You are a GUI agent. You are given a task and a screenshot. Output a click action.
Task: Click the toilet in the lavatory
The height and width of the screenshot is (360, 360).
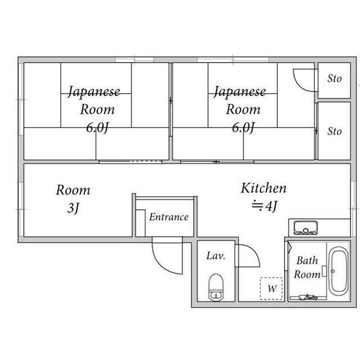pos(216,287)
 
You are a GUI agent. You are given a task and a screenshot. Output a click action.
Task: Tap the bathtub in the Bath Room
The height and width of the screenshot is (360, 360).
pos(338,271)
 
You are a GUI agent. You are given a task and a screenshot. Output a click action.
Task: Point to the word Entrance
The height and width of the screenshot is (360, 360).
pos(168,217)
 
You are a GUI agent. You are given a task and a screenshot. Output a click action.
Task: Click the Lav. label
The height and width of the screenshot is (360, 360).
pos(215,256)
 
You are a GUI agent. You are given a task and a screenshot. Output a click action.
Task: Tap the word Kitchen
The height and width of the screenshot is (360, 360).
pos(264,188)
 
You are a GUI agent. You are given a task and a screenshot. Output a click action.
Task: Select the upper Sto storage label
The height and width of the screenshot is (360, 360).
pos(334,79)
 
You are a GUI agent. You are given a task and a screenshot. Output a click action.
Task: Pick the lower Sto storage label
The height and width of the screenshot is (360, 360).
pos(334,131)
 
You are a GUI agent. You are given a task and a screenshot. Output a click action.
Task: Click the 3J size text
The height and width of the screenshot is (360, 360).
pos(73,209)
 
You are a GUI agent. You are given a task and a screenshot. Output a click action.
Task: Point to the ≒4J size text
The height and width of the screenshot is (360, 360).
pos(264,206)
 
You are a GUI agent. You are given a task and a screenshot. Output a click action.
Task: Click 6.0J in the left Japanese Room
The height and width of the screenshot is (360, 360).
pos(97,127)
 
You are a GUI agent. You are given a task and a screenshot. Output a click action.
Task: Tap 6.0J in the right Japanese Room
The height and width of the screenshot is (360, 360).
pos(244,127)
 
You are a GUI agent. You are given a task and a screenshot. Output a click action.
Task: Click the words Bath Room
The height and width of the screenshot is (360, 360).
pos(307,267)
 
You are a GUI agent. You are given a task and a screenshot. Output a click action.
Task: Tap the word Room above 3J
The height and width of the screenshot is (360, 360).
pos(73,190)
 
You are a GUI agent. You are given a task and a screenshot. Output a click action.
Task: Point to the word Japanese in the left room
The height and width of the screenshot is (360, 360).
pos(94,91)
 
